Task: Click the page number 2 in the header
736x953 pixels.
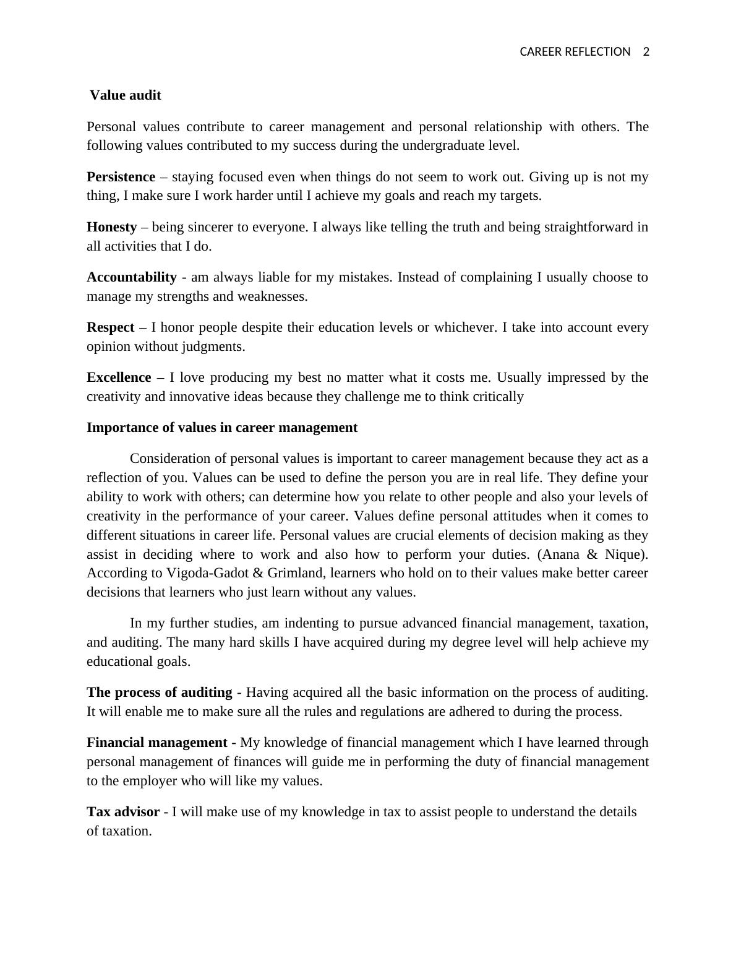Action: point(646,52)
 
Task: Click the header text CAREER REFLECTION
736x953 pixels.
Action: point(575,52)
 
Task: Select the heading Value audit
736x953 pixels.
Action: point(125,95)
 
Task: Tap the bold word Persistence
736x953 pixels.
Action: point(121,177)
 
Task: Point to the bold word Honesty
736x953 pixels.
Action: point(111,227)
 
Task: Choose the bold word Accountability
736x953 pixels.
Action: point(131,277)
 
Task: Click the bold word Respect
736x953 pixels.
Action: point(110,327)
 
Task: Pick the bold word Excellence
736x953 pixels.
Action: point(119,377)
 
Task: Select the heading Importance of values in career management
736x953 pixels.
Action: point(222,428)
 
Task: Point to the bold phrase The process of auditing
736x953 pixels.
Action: point(160,692)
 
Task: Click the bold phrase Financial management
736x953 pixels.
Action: point(156,743)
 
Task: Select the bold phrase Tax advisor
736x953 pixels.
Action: point(123,812)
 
